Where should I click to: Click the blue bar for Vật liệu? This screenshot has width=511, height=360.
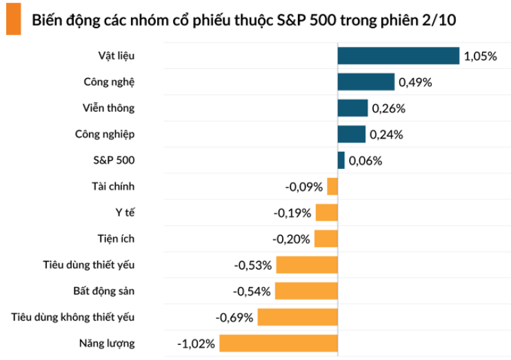[x=398, y=56]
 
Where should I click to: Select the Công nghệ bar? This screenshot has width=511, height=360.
[x=365, y=82]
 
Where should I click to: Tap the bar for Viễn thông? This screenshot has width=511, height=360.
[x=352, y=108]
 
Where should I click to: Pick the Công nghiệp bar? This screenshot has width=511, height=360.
[x=351, y=134]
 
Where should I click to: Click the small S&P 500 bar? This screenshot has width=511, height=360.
[x=341, y=161]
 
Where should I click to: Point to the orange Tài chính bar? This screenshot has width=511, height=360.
[x=332, y=186]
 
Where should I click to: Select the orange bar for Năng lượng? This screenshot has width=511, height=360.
[x=279, y=343]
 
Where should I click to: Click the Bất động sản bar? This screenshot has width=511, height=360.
[x=306, y=291]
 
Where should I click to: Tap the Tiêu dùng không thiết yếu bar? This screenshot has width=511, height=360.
[x=298, y=317]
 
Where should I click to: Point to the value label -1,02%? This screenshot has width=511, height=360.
[x=197, y=343]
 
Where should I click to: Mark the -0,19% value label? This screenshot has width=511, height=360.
[x=292, y=213]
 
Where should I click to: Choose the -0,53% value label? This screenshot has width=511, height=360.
[x=254, y=265]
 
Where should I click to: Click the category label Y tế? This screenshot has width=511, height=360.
[x=125, y=212]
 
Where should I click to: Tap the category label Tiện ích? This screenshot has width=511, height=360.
[x=116, y=239]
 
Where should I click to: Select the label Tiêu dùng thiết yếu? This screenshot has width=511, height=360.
[x=89, y=265]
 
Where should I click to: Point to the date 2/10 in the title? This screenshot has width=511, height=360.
[x=439, y=21]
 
